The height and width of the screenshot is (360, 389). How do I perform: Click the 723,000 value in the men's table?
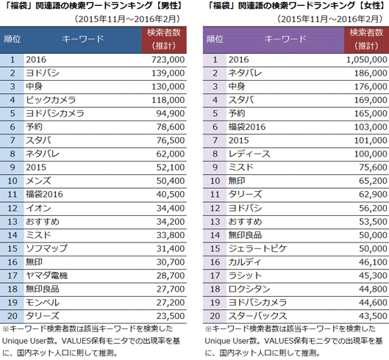click(168, 60)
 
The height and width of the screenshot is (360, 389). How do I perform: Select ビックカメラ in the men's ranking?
click(51, 100)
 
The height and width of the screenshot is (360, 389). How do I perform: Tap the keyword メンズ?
click(38, 181)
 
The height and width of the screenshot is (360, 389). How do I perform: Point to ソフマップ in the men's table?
click(46, 248)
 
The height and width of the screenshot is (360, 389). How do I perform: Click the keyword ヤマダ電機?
click(46, 276)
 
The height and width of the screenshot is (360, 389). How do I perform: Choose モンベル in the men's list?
click(43, 302)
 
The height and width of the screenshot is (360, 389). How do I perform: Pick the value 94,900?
click(171, 114)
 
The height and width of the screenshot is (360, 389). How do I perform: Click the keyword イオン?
click(38, 208)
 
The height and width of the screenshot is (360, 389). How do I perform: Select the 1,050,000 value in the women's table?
click(367, 60)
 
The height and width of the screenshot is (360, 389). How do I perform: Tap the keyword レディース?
click(249, 154)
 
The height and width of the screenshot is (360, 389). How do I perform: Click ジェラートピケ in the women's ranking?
click(258, 248)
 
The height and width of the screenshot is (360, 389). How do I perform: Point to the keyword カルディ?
click(245, 262)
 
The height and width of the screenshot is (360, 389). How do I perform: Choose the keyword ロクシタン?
click(249, 289)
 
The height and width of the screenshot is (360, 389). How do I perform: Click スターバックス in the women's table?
click(258, 316)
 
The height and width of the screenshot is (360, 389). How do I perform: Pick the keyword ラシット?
click(245, 276)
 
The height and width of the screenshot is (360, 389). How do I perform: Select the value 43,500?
click(373, 316)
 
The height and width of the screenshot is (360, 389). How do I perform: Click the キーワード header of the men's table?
click(82, 39)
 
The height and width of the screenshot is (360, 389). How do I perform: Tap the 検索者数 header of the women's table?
click(366, 32)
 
